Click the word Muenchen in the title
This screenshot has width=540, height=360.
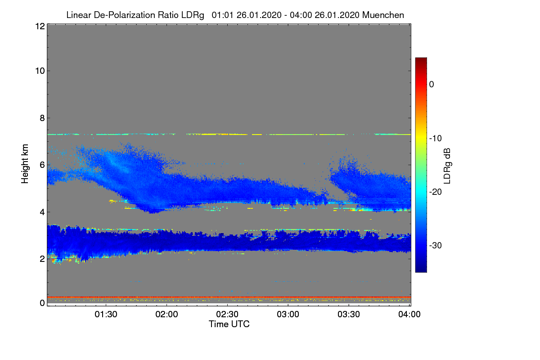384,15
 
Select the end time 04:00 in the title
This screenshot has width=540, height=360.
300,15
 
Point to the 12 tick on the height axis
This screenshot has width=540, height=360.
39,26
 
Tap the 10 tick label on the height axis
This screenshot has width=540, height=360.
39,71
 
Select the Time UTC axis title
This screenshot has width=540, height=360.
229,324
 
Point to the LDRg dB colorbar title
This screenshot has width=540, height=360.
448,165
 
